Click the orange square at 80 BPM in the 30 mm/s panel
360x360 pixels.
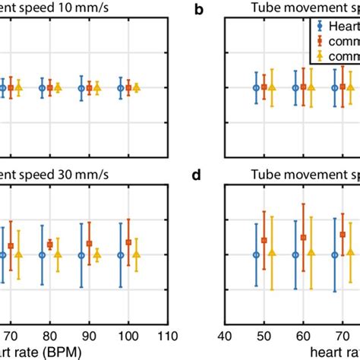(50, 245)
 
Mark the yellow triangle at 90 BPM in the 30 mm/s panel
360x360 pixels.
(97, 254)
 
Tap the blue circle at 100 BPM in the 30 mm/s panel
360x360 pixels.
(121, 255)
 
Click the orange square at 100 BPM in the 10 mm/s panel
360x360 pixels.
(128, 88)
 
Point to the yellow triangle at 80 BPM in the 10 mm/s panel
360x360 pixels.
(58, 88)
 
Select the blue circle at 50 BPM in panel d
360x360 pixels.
(256, 255)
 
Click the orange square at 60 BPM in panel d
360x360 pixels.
(303, 238)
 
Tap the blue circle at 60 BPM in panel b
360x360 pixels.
(295, 88)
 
